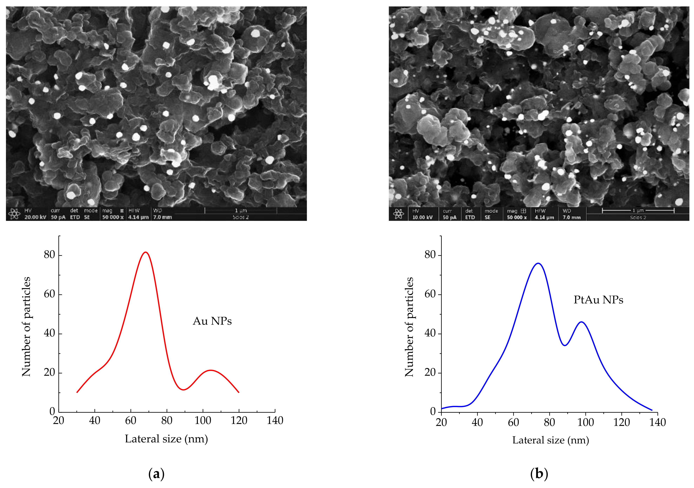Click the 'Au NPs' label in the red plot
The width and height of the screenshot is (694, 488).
pyautogui.click(x=212, y=321)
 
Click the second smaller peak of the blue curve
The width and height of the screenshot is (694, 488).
pyautogui.click(x=581, y=322)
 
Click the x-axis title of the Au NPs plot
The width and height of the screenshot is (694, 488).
pyautogui.click(x=166, y=439)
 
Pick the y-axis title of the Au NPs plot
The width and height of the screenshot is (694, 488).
pyautogui.click(x=26, y=326)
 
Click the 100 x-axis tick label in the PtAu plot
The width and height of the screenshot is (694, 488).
pyautogui.click(x=586, y=422)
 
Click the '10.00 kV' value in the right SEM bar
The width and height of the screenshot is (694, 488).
pyautogui.click(x=422, y=217)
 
